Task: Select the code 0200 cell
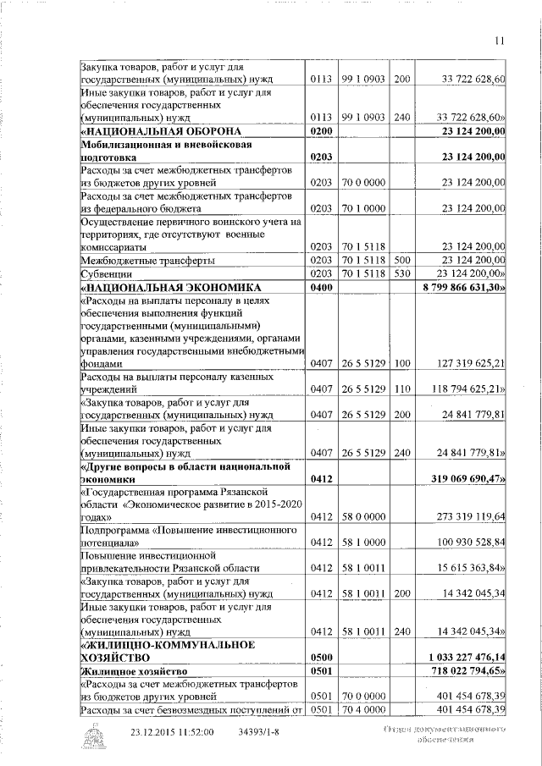tap(319, 130)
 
